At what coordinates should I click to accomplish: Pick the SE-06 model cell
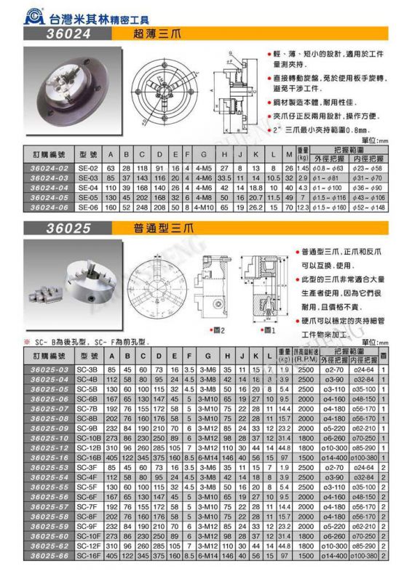(x=87, y=208)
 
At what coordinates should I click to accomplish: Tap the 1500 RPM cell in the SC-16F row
(x=306, y=556)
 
